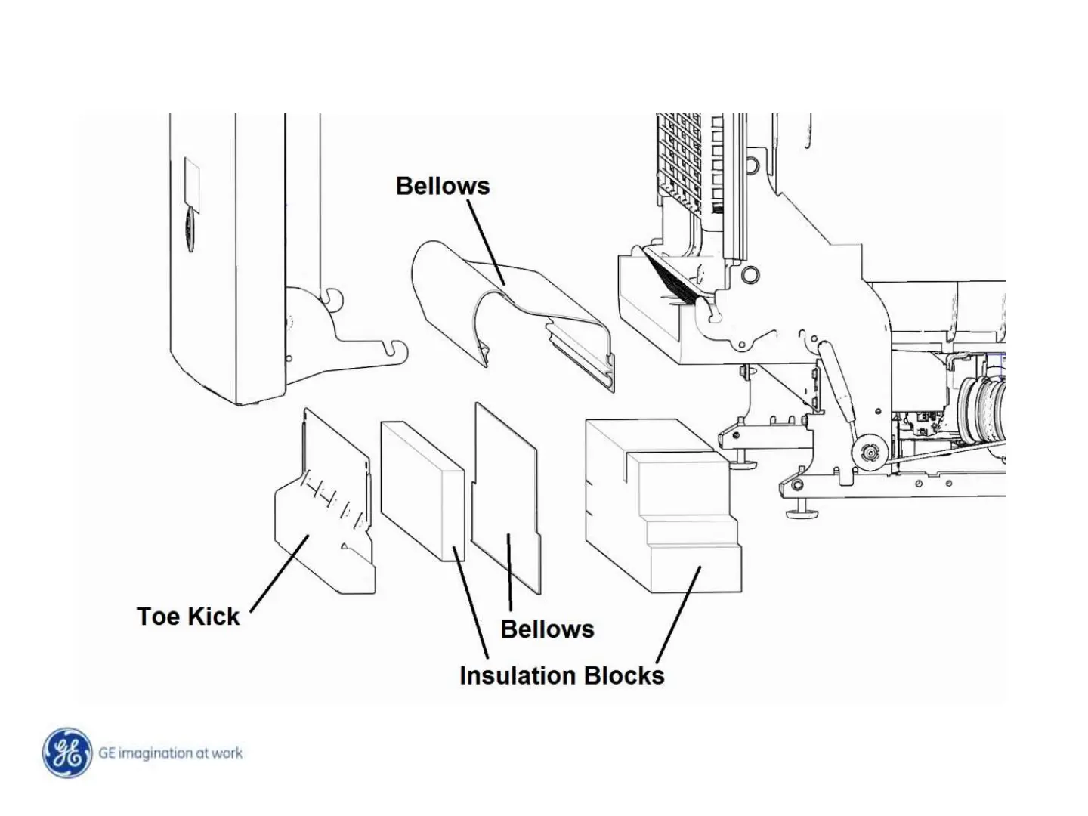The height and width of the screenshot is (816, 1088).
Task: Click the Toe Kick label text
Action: pos(188,617)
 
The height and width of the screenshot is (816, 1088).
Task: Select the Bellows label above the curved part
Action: pos(443,186)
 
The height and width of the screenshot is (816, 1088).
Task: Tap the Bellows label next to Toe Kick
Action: pos(547,629)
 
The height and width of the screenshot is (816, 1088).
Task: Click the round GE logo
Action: pos(66,753)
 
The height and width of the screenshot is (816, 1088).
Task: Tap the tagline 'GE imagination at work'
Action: pos(171,753)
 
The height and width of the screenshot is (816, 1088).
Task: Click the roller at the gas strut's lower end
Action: pos(867,453)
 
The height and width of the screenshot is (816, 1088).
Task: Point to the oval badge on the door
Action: pos(189,230)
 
